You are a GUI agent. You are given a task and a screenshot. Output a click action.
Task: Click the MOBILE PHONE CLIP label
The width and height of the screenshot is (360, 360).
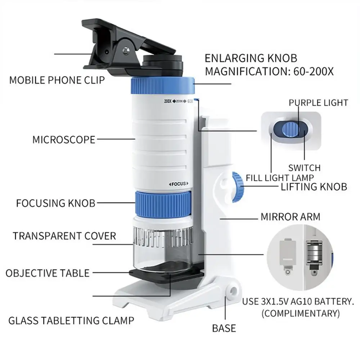pos(57,80)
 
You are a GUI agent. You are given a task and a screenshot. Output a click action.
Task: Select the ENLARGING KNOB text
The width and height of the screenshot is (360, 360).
pos(251,58)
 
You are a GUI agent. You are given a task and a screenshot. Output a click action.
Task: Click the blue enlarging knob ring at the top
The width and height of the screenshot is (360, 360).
pos(163,86)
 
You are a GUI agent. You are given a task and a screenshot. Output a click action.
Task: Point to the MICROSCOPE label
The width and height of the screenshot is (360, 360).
pos(64,140)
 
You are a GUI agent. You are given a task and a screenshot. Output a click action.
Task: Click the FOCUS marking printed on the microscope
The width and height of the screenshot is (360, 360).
pos(179,184)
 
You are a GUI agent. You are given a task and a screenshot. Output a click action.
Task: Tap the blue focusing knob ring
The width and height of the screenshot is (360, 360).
pos(163,204)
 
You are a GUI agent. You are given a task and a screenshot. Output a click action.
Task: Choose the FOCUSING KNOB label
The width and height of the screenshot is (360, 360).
pos(56,203)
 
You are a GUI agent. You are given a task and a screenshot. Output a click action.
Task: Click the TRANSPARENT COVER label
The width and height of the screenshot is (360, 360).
pos(64,236)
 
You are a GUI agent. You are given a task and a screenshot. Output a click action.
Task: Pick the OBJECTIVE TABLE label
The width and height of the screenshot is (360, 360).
pos(48,273)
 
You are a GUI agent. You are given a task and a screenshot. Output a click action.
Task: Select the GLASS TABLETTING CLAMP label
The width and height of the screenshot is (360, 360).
pos(71,320)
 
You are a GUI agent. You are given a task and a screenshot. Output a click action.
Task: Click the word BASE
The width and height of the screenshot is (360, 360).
pos(224,328)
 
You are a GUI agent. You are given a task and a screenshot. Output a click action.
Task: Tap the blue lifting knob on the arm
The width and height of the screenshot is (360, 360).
pos(238,187)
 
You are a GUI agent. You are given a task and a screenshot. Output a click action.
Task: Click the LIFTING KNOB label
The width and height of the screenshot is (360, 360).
pos(314,187)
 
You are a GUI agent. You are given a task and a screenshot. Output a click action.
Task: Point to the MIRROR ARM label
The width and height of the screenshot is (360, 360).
pos(291,217)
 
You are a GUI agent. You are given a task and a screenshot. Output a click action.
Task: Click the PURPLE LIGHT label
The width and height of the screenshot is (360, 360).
pos(319,103)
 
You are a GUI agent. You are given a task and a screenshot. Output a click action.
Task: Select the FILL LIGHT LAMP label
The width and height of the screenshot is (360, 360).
pos(280,178)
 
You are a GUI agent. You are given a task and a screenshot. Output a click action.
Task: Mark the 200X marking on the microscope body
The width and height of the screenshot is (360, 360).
pos(168,101)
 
